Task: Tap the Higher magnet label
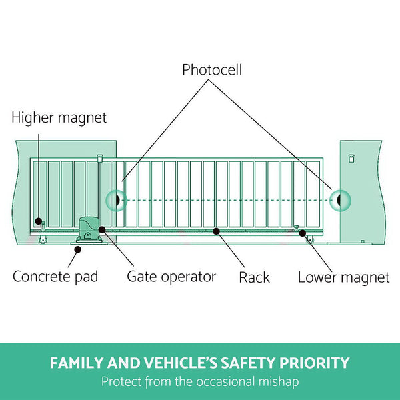[59, 118]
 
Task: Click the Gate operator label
[171, 276]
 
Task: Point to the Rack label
[254, 277]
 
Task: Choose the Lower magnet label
[343, 277]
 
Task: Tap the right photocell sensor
[340, 199]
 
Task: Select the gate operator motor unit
[88, 230]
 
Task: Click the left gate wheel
[43, 239]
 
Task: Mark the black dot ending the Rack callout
[215, 231]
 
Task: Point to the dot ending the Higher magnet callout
[39, 221]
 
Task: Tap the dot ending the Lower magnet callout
[302, 233]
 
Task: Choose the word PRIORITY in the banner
[319, 363]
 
